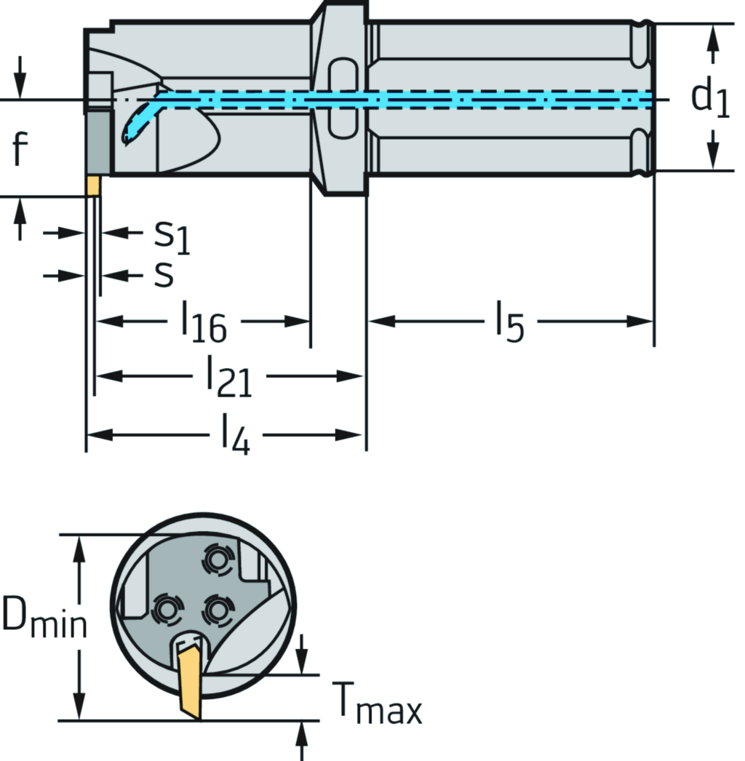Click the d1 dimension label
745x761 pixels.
[709, 97]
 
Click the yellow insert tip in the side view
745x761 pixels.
[92, 186]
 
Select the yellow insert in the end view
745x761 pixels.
[189, 677]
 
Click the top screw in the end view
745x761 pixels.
[217, 559]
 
